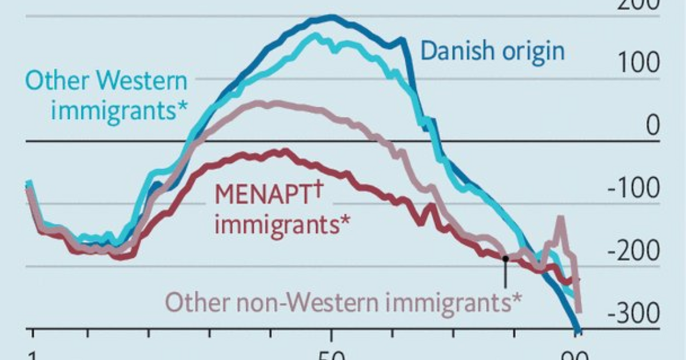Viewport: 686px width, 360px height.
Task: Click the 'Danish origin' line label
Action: (x=492, y=51)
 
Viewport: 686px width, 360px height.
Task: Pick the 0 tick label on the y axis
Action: (x=652, y=126)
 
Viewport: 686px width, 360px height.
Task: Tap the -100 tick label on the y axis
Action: (x=632, y=189)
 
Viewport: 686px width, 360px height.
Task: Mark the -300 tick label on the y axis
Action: (x=632, y=313)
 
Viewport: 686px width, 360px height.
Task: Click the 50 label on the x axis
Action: (x=330, y=354)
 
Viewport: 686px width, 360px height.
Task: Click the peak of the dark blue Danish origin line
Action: (x=330, y=17)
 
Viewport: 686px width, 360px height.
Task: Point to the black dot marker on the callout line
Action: (x=505, y=258)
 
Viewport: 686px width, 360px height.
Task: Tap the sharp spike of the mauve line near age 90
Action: (x=560, y=218)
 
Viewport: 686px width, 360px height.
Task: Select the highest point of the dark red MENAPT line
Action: (x=284, y=150)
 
